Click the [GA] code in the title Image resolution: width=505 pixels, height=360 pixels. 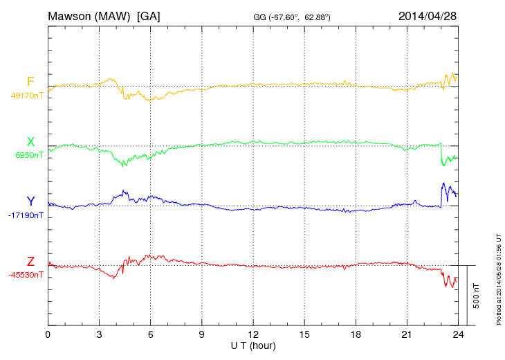click(149, 15)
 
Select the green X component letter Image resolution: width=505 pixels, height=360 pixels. click(30, 142)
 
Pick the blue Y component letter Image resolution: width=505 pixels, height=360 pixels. click(30, 201)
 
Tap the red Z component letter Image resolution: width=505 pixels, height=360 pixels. click(30, 262)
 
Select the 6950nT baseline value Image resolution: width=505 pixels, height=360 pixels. click(29, 155)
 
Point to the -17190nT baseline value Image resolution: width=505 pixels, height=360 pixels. click(26, 215)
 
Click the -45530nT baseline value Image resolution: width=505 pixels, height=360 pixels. click(26, 275)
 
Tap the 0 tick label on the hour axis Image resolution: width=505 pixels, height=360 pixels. click(48, 334)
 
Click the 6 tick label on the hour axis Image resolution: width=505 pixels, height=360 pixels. click(150, 334)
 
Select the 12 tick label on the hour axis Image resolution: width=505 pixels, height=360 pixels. click(253, 334)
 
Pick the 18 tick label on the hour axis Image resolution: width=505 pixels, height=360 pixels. click(356, 334)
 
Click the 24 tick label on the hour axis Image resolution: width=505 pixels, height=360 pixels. click(458, 334)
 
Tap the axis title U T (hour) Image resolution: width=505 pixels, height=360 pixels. click(253, 345)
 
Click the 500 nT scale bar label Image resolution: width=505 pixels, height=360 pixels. click(477, 296)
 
